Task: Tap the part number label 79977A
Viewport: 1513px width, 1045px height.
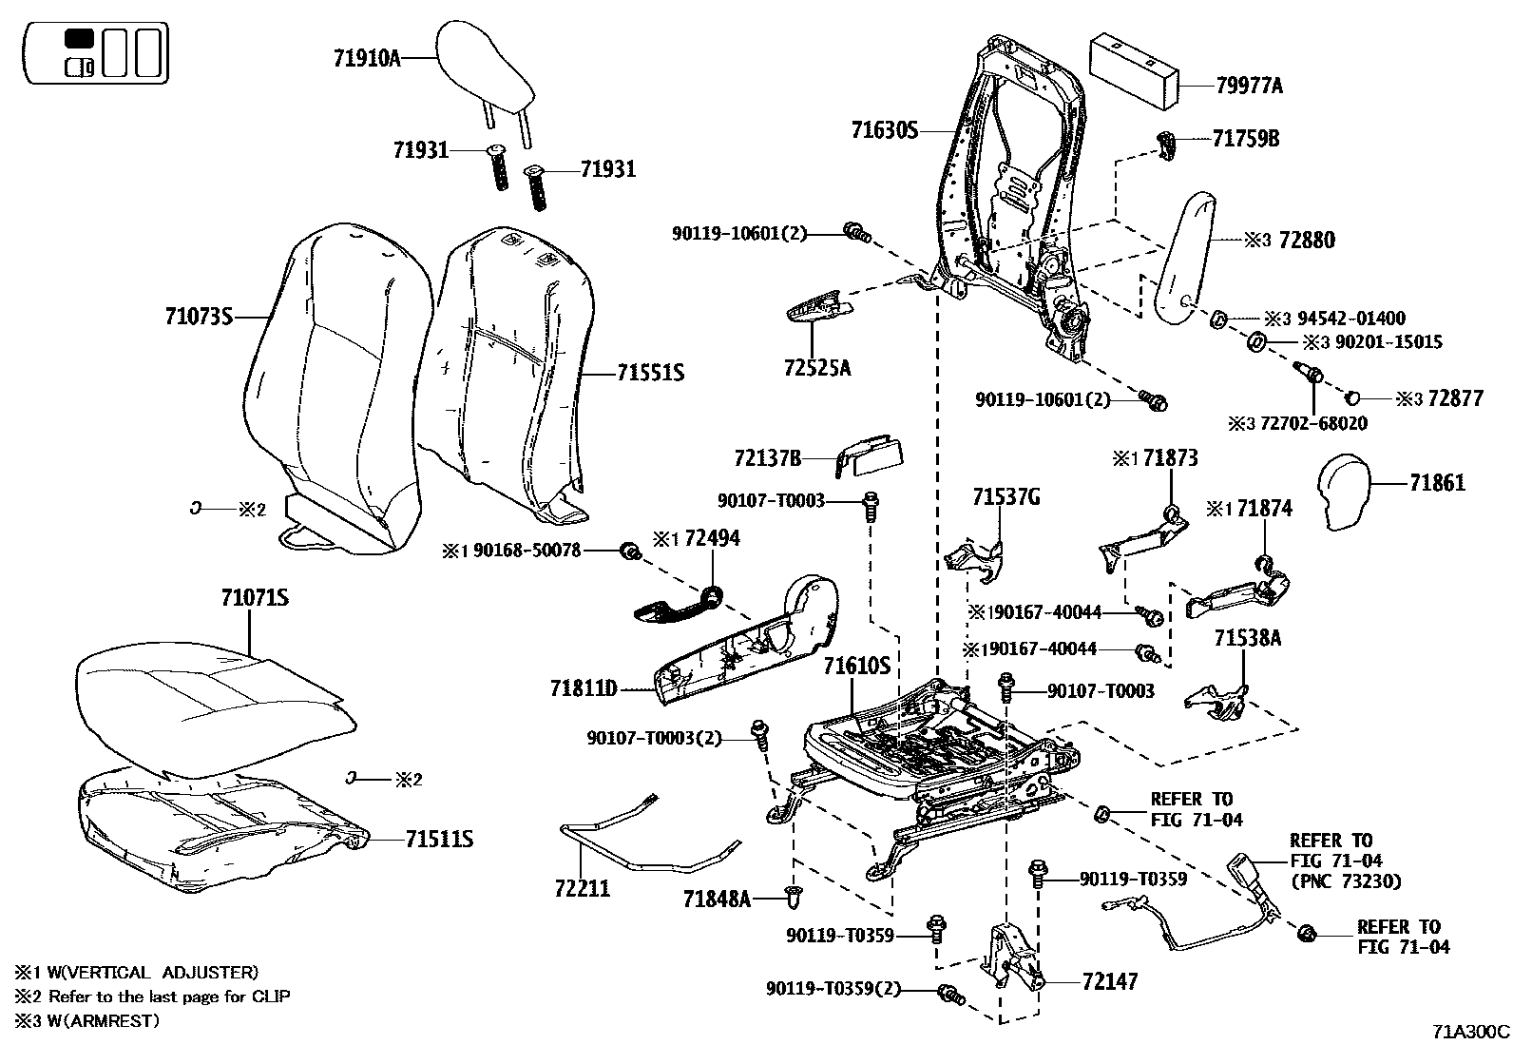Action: pyautogui.click(x=1249, y=87)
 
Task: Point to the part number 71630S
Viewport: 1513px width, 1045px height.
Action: pyautogui.click(x=885, y=130)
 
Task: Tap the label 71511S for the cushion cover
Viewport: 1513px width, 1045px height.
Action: pyautogui.click(x=439, y=840)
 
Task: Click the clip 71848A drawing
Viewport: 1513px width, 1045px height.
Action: pyautogui.click(x=795, y=896)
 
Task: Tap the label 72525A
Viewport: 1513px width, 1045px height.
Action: pyautogui.click(x=817, y=367)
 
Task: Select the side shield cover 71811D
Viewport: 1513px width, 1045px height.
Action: pyautogui.click(x=751, y=646)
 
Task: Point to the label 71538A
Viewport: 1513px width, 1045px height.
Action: pyautogui.click(x=1247, y=639)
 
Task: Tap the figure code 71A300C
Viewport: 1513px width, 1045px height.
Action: pyautogui.click(x=1471, y=1031)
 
